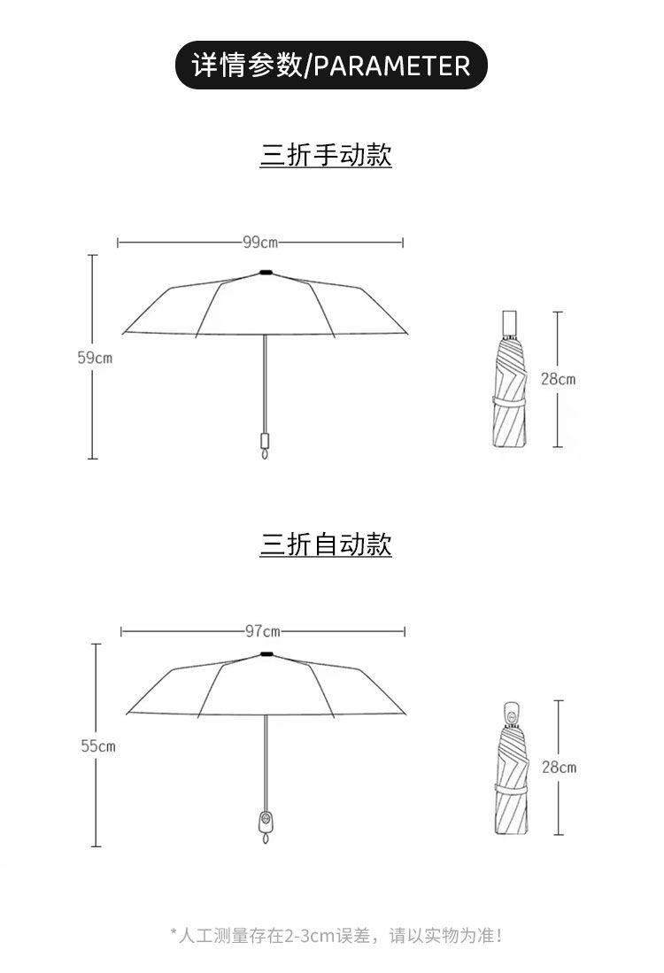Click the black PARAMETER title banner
331,66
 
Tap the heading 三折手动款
326,155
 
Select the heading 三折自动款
326,544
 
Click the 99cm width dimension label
260,242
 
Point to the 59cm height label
95,358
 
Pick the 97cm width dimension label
262,631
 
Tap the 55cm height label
97,746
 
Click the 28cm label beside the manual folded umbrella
558,379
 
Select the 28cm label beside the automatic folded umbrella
559,768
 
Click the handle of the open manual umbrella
264,442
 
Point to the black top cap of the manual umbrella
266,272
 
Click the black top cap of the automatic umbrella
266,654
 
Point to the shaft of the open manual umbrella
265,381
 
